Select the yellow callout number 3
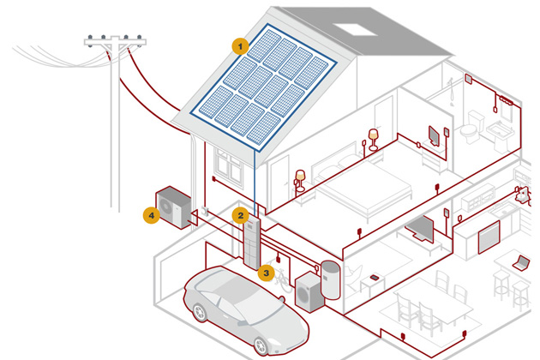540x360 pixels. click(266, 273)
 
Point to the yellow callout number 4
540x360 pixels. click(151, 215)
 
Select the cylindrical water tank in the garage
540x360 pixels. click(330, 280)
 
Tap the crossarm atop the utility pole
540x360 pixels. click(114, 40)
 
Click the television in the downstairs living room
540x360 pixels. click(419, 228)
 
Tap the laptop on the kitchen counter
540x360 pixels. click(520, 261)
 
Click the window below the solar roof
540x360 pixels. click(230, 164)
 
